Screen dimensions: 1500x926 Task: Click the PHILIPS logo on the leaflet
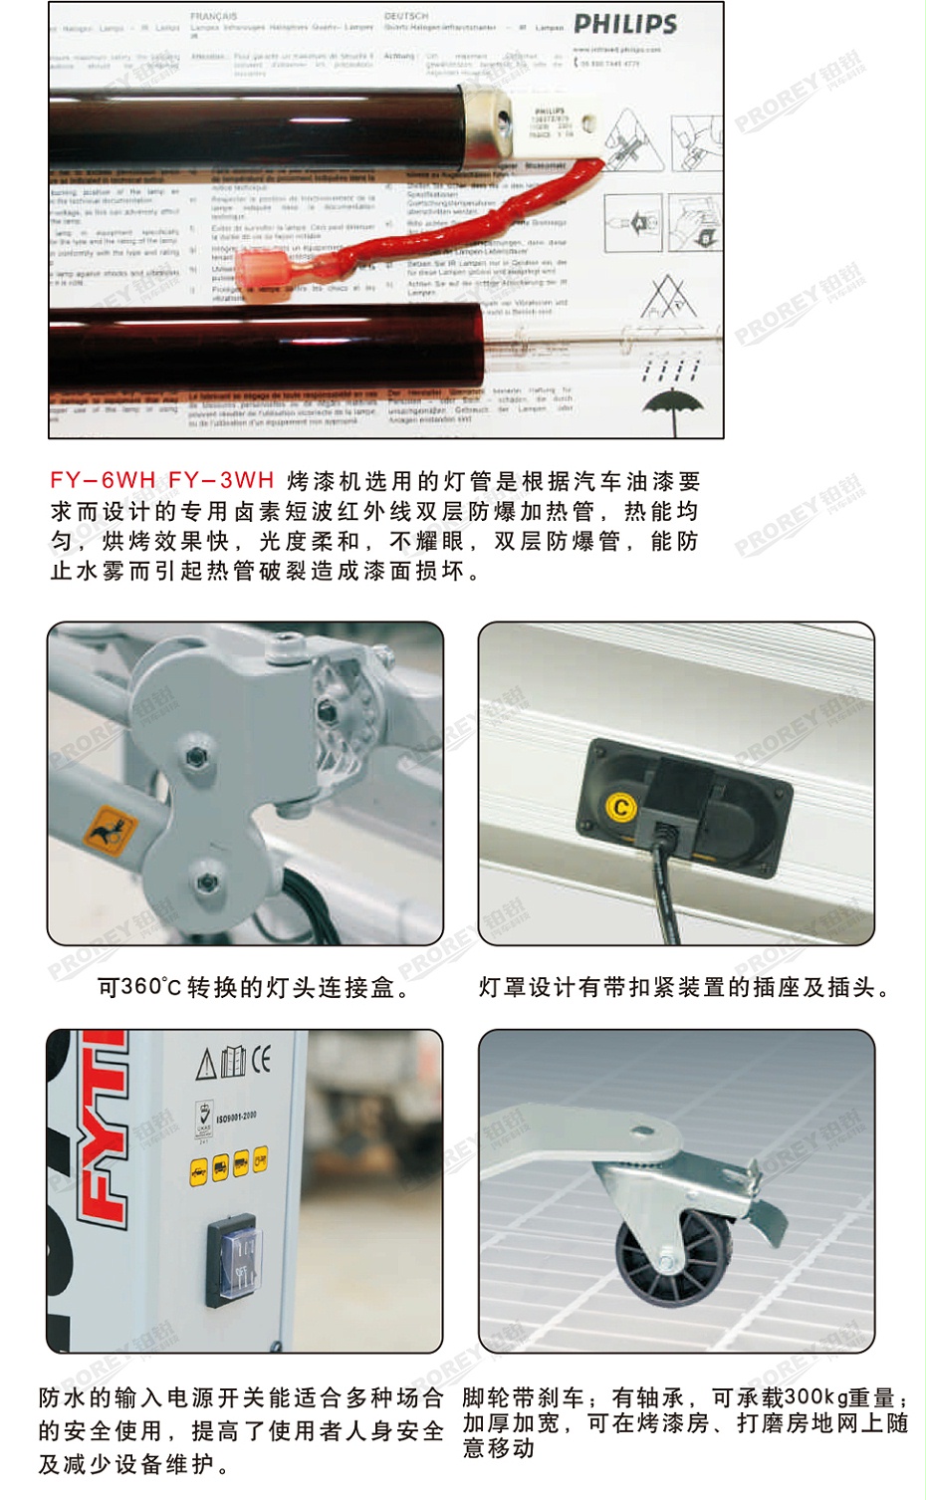[x=625, y=25]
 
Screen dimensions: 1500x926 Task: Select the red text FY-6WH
[x=104, y=480]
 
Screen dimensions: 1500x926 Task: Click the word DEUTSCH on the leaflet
[x=405, y=17]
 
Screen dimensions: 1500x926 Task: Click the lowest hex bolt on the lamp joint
[x=207, y=881]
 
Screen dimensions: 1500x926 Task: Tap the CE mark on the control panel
[x=261, y=1059]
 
